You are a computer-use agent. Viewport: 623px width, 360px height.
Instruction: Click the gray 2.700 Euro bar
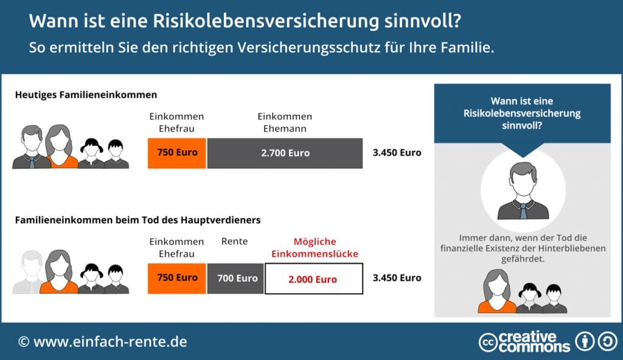(x=285, y=153)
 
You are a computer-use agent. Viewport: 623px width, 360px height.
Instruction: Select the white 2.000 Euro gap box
(x=313, y=279)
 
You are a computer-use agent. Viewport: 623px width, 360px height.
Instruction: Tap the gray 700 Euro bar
(x=235, y=279)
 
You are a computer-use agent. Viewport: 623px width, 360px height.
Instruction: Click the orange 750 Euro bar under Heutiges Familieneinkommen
(x=177, y=153)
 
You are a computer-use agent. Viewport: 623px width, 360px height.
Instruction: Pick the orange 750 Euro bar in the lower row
(x=177, y=278)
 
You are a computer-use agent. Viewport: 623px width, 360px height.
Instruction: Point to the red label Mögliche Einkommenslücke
(x=314, y=247)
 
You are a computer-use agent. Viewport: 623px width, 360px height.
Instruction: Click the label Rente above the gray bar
(x=234, y=241)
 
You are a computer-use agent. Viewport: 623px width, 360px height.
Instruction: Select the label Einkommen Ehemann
(x=285, y=122)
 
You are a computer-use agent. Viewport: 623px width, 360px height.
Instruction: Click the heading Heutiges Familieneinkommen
(x=86, y=95)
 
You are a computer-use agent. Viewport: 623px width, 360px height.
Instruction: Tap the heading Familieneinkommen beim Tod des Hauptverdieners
(x=137, y=220)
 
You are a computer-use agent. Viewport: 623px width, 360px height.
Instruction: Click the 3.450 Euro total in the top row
(x=397, y=153)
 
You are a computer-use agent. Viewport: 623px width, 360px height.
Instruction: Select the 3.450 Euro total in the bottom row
(x=397, y=278)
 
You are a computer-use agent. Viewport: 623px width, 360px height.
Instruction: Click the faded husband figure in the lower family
(x=28, y=272)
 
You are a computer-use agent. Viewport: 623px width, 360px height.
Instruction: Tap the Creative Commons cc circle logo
(x=488, y=342)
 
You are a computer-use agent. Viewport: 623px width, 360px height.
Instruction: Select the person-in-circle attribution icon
(x=585, y=341)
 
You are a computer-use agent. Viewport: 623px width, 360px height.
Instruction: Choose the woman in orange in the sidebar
(x=496, y=292)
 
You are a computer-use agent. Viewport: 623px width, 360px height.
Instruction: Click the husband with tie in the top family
(x=30, y=148)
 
